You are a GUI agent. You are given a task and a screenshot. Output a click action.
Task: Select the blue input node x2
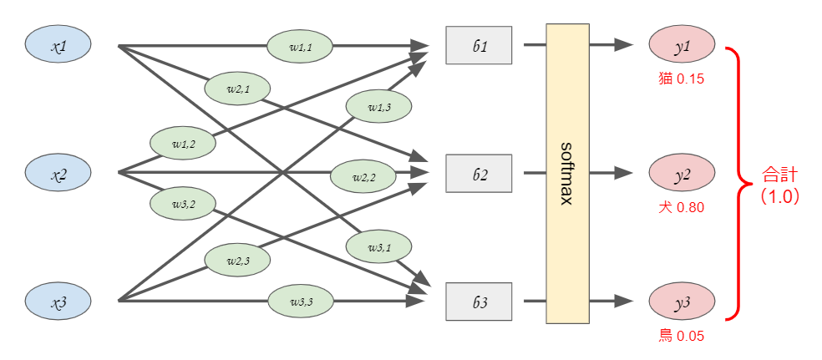pyautogui.click(x=58, y=174)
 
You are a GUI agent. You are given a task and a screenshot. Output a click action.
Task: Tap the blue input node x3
pyautogui.click(x=58, y=302)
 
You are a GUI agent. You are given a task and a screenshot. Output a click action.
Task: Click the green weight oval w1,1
pyautogui.click(x=300, y=47)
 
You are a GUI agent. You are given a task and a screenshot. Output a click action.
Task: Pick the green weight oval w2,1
pyautogui.click(x=237, y=89)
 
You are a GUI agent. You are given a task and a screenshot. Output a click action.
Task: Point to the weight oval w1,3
pyautogui.click(x=378, y=105)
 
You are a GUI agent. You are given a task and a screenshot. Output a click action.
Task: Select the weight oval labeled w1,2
pyautogui.click(x=183, y=143)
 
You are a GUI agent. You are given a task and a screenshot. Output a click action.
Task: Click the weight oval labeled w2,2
pyautogui.click(x=363, y=176)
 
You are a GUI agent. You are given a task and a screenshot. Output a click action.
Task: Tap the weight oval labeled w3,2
pyautogui.click(x=183, y=203)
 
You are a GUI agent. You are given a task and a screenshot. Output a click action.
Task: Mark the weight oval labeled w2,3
pyautogui.click(x=237, y=261)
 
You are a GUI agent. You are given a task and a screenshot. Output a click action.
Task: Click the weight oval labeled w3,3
pyautogui.click(x=301, y=302)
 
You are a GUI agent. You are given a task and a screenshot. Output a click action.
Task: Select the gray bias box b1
pyautogui.click(x=479, y=46)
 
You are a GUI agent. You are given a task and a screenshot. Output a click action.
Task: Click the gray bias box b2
pyautogui.click(x=479, y=174)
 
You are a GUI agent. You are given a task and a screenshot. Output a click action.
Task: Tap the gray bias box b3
pyautogui.click(x=479, y=302)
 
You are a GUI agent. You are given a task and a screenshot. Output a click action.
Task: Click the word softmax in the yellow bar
pyautogui.click(x=567, y=174)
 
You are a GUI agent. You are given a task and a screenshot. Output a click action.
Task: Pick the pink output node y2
pyautogui.click(x=682, y=174)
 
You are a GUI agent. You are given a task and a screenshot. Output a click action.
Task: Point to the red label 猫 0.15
pyautogui.click(x=682, y=79)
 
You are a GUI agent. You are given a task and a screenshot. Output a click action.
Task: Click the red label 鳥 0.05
pyautogui.click(x=682, y=337)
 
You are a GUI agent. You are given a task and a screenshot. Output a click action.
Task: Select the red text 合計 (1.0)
pyautogui.click(x=779, y=185)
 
